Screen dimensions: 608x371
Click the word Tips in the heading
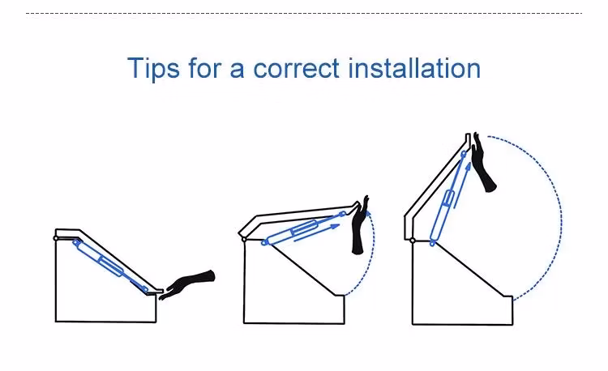tap(153, 68)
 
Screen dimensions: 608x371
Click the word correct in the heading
tap(296, 69)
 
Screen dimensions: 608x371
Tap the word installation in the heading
tap(414, 68)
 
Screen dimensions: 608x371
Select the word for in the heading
tap(204, 68)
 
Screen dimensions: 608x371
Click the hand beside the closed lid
tap(186, 284)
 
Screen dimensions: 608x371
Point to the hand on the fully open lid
tap(483, 163)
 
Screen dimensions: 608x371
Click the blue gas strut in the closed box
tap(110, 266)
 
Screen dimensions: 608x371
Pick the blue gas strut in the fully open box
tap(447, 198)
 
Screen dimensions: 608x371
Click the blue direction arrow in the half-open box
tap(317, 233)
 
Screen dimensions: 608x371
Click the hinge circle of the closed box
tap(56, 238)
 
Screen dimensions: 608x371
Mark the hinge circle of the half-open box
tap(244, 240)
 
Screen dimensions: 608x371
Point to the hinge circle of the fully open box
tap(413, 241)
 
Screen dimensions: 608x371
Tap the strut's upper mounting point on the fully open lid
tap(464, 154)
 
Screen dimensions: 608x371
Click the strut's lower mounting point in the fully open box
tap(432, 244)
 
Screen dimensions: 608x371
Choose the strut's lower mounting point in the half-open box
tap(264, 243)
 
